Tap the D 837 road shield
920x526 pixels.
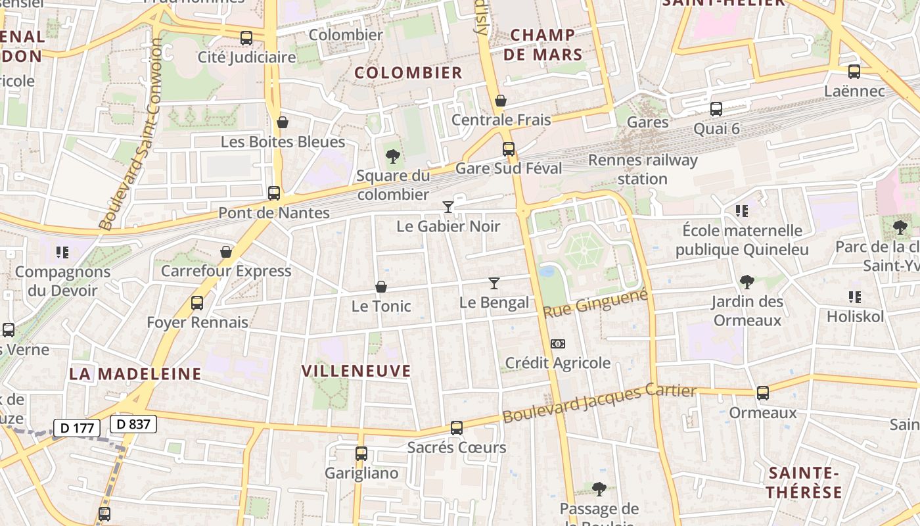click(133, 424)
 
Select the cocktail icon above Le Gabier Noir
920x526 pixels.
click(448, 207)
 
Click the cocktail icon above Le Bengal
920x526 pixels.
click(494, 283)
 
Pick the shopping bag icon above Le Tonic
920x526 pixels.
click(380, 287)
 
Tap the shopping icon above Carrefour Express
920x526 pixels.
click(226, 252)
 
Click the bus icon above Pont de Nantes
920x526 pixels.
click(274, 193)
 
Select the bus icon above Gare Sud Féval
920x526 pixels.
click(509, 149)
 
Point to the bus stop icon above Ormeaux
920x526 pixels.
click(763, 393)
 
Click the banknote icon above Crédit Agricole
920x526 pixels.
click(557, 344)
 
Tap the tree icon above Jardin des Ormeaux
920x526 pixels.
click(747, 282)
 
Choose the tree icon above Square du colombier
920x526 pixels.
click(393, 156)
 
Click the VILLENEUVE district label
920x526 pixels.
click(356, 371)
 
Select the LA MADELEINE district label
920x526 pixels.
click(135, 374)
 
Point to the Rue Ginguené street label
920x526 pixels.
click(596, 303)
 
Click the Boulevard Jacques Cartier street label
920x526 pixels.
click(599, 403)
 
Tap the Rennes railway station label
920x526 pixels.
click(643, 169)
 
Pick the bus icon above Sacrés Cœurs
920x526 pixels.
click(457, 428)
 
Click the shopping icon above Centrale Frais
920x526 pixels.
click(501, 101)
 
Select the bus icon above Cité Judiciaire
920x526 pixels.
click(246, 38)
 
